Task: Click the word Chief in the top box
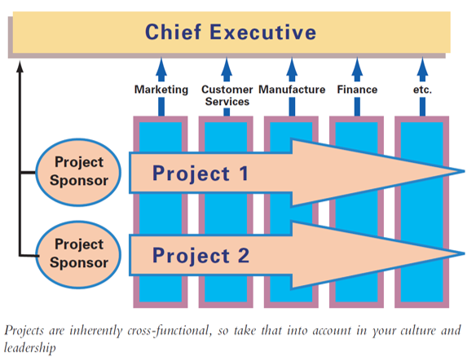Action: coord(173,32)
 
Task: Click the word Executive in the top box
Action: coord(263,32)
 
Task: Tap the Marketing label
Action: coord(161,90)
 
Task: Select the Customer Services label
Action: coord(227,95)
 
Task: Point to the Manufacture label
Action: coord(292,90)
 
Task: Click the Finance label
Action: coord(357,90)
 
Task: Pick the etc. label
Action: coord(422,90)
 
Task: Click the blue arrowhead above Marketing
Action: coord(161,67)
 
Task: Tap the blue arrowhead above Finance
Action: coord(357,67)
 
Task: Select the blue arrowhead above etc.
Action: coord(422,67)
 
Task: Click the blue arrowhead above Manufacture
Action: coord(292,67)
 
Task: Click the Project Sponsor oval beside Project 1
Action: coord(78,173)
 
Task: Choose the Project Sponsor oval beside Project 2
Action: coord(78,254)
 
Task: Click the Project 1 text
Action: coord(201,173)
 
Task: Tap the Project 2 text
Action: coord(201,256)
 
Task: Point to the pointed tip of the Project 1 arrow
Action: coord(465,171)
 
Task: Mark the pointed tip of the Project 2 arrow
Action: coord(465,253)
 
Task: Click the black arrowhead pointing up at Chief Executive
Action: coord(20,67)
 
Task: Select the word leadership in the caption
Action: coord(29,348)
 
